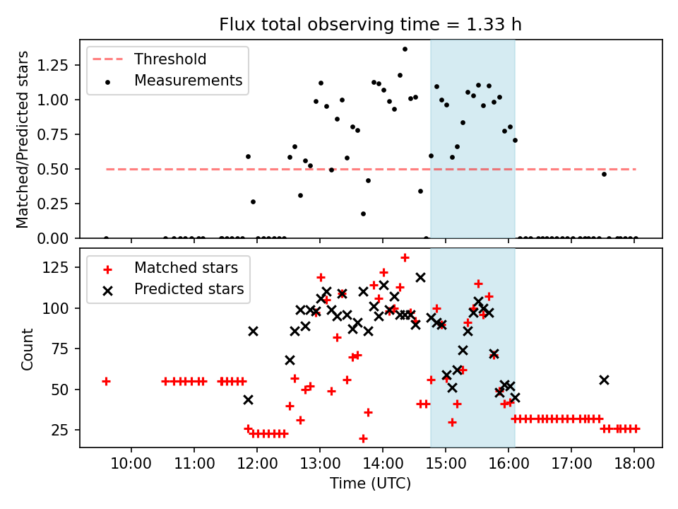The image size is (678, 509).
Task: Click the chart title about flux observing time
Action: click(370, 25)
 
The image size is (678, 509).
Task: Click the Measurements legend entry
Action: click(188, 81)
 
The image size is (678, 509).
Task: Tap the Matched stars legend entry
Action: click(186, 268)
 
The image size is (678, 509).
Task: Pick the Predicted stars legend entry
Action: click(189, 289)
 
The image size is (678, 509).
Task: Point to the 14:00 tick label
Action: click(382, 464)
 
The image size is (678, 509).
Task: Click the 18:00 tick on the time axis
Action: click(634, 464)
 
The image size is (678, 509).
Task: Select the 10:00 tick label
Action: click(131, 464)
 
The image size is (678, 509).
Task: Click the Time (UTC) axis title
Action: click(370, 484)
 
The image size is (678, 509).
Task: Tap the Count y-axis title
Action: click(28, 349)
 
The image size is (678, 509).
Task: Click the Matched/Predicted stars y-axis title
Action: click(23, 139)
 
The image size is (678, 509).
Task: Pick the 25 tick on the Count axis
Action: click(66, 430)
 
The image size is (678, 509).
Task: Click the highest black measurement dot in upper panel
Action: click(405, 49)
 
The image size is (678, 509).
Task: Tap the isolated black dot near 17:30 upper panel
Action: click(604, 174)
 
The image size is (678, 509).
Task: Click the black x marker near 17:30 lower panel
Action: click(604, 380)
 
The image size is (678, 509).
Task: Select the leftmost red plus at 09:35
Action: click(106, 381)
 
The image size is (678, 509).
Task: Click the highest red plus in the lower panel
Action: click(405, 257)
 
